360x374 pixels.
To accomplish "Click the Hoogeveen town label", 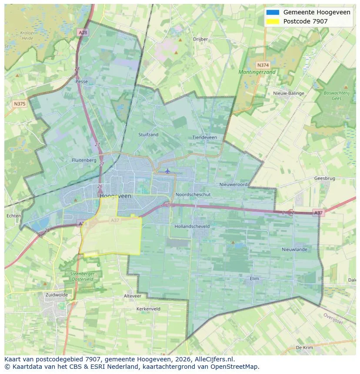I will click(115, 196).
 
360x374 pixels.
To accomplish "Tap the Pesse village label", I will click(81, 81).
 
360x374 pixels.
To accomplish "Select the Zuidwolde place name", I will click(57, 295).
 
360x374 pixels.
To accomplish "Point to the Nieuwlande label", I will click(294, 249).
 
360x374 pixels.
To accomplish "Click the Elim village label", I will click(254, 278).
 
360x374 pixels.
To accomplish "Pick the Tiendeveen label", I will click(204, 137).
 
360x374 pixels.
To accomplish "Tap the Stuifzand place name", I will click(148, 135).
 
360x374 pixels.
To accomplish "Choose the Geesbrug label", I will click(324, 179).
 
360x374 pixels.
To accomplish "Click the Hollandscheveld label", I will click(192, 226).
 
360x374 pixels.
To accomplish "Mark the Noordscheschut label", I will click(193, 195).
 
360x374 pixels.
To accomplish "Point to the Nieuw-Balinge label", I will click(289, 93).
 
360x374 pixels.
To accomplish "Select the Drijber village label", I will click(200, 39).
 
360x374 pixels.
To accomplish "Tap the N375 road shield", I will click(20, 103).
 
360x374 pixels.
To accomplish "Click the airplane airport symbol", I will click(167, 171).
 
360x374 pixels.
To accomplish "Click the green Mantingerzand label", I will click(257, 72).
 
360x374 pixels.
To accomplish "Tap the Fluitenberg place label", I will click(84, 160).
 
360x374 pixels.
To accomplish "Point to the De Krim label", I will click(304, 348).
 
